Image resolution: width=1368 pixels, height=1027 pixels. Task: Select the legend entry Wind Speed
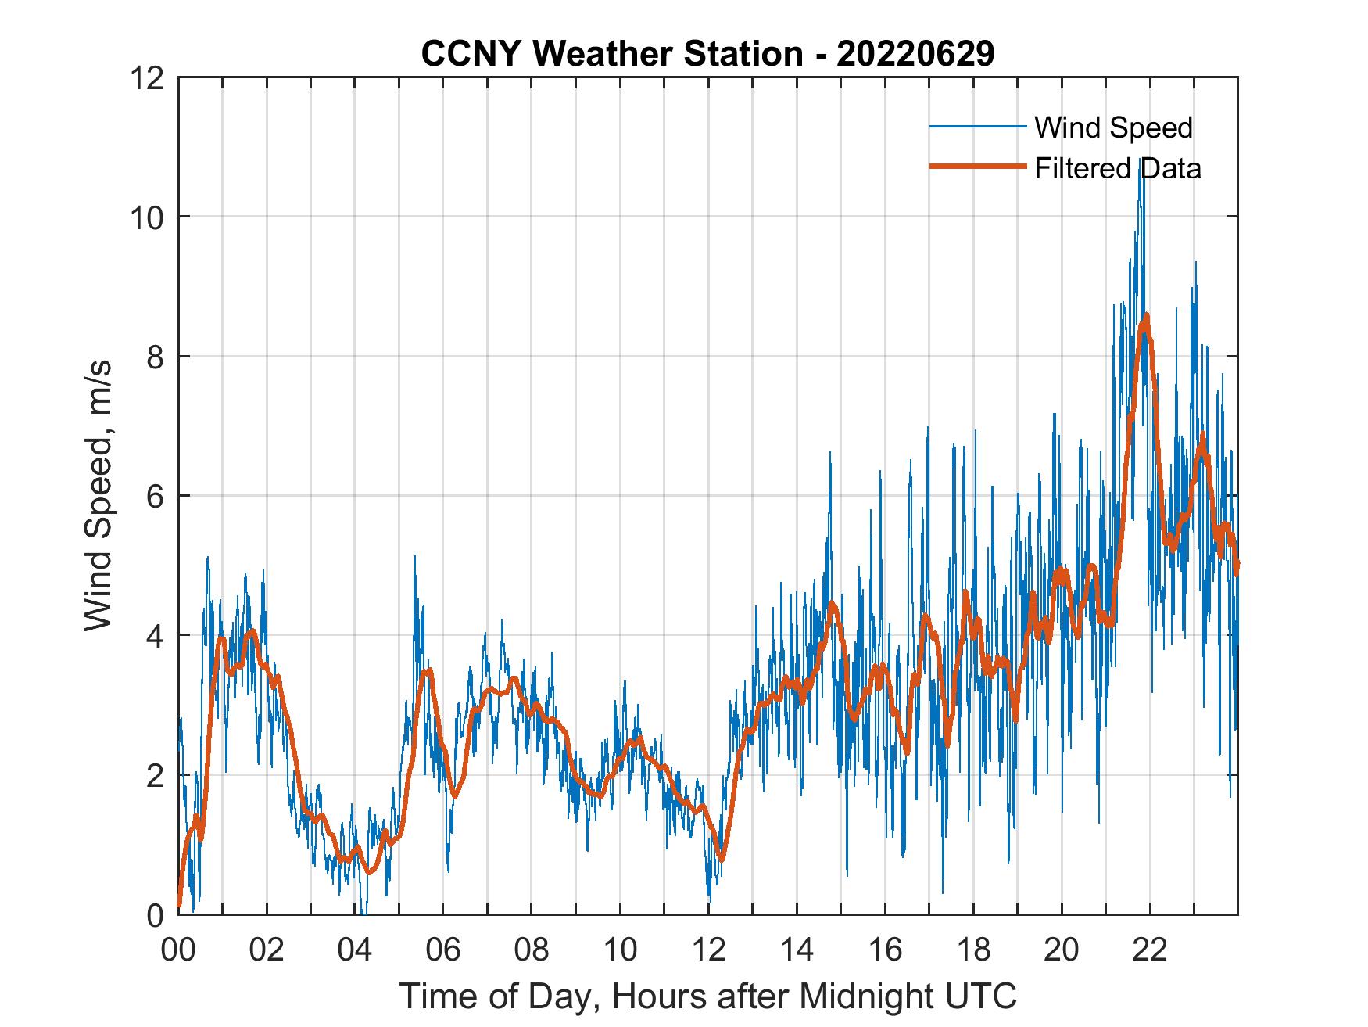tap(1113, 127)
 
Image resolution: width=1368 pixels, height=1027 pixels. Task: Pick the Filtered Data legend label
tap(1117, 168)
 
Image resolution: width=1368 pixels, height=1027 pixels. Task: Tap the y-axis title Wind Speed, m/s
tap(98, 495)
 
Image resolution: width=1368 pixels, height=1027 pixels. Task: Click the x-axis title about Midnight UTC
tap(707, 996)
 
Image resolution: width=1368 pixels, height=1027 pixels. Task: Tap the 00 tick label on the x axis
tap(178, 950)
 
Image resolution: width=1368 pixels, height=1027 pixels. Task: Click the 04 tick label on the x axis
tap(355, 950)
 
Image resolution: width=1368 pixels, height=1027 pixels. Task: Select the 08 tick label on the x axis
tap(532, 950)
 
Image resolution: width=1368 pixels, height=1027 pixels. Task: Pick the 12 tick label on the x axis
tap(708, 950)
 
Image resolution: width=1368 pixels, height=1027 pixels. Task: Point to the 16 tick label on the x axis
tap(885, 950)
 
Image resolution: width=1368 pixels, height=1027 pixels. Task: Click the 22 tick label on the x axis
tap(1150, 950)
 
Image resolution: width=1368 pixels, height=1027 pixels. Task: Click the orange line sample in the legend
tap(977, 167)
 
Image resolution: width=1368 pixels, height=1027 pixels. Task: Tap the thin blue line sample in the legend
tap(977, 127)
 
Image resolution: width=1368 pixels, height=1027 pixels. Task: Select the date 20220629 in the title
tap(915, 54)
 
